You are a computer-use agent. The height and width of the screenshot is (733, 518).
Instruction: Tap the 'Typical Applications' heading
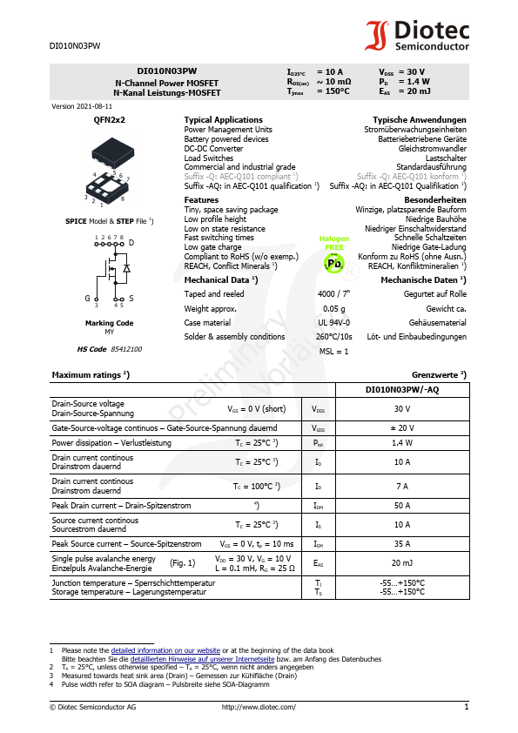(223, 119)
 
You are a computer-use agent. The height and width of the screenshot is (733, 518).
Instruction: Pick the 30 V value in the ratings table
(401, 408)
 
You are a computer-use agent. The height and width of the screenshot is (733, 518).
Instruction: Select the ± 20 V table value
(401, 427)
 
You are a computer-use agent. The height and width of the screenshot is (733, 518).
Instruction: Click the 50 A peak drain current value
(401, 505)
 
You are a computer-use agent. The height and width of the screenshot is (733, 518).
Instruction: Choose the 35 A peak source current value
(401, 543)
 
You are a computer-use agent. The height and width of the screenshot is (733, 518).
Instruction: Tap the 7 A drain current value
(401, 486)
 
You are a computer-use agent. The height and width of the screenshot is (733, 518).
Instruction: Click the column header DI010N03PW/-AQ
(401, 390)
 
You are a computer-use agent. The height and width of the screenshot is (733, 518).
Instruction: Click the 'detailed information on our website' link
(165, 650)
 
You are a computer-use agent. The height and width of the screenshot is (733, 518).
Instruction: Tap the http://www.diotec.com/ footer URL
(259, 707)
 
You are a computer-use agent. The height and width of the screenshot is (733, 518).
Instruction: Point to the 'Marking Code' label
(109, 323)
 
